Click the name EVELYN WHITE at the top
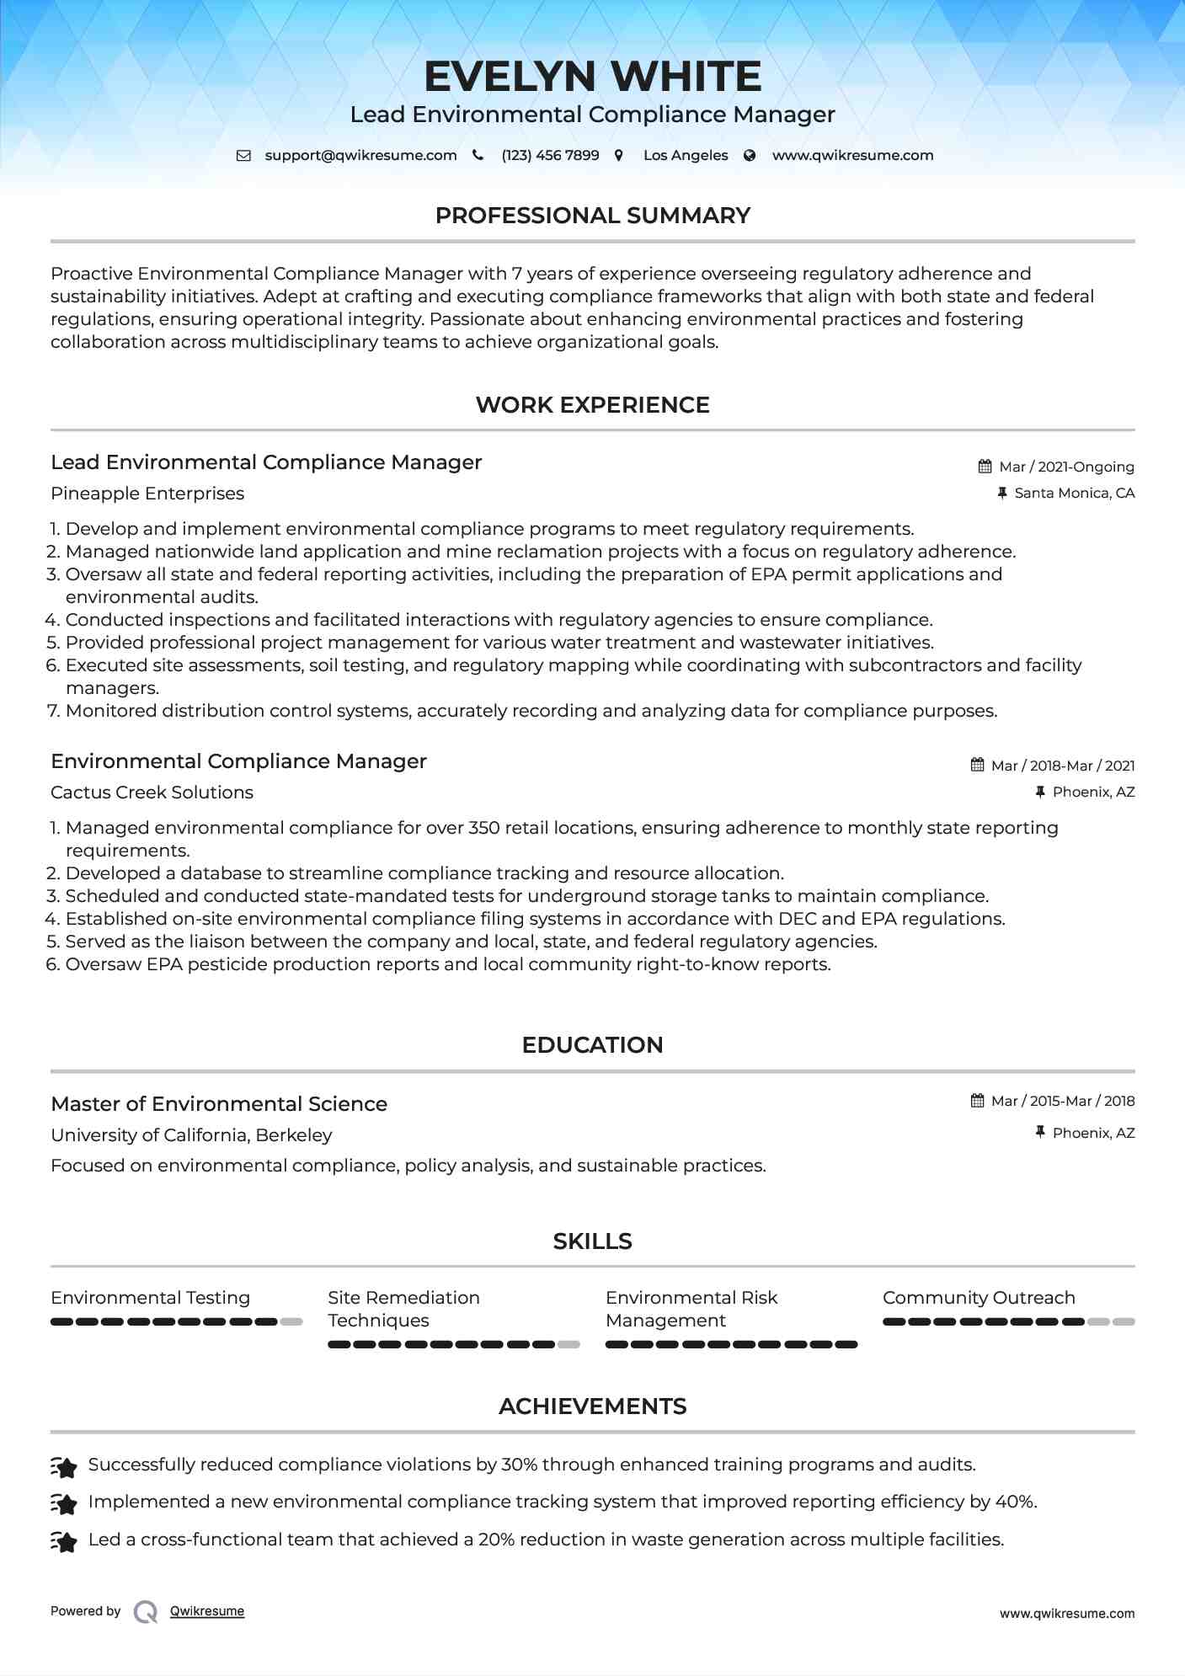pos(592,77)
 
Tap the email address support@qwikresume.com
pos(360,156)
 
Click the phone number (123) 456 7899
pos(550,156)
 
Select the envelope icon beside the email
pos(243,156)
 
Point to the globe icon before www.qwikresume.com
pos(750,156)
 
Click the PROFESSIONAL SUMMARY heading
pos(592,216)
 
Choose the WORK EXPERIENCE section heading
pos(592,405)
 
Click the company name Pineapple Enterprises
pos(147,494)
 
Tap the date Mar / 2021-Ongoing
pos(1066,467)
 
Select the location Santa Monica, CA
pos(1074,493)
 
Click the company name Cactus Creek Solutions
pos(152,793)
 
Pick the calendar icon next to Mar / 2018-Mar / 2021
pos(977,765)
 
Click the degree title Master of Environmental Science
pos(219,1104)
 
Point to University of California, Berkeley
pos(191,1135)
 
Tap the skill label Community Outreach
pos(979,1298)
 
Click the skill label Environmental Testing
pos(150,1298)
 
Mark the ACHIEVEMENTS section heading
pos(592,1406)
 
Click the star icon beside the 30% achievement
pos(64,1466)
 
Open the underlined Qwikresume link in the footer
pos(207,1611)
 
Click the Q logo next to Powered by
pos(146,1611)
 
